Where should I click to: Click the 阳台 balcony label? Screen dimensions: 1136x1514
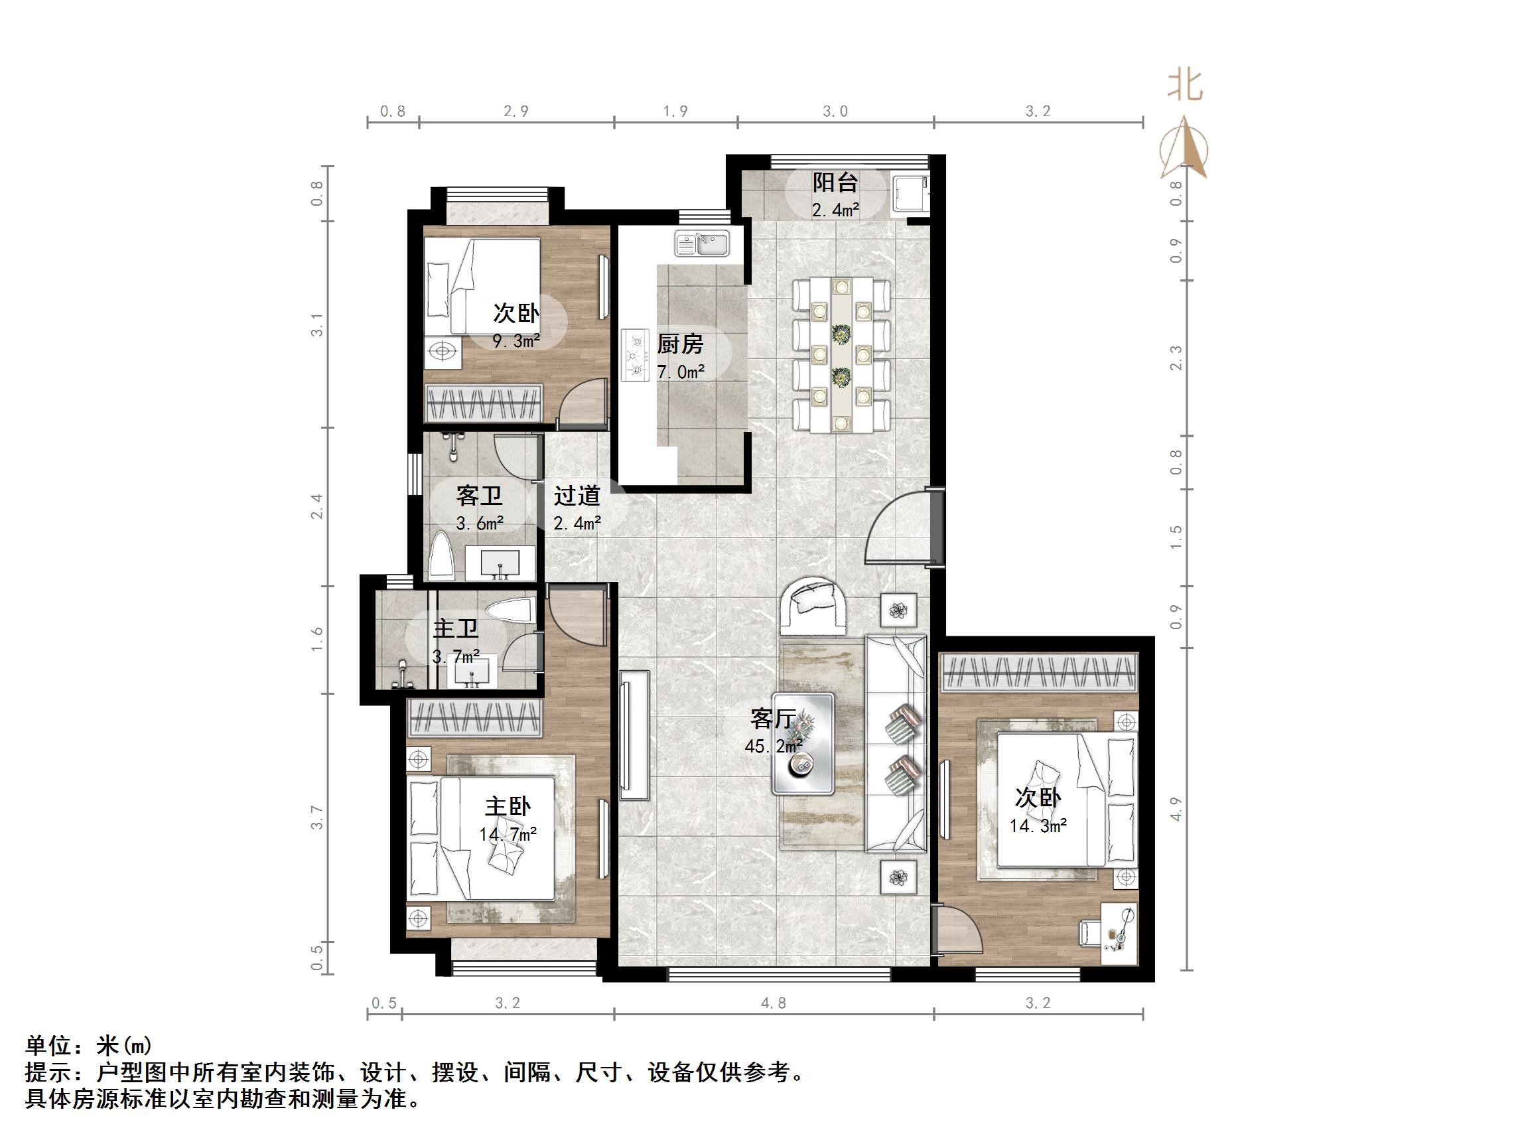click(x=835, y=183)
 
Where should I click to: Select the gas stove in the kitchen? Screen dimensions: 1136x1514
click(x=636, y=355)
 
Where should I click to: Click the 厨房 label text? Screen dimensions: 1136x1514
click(x=680, y=344)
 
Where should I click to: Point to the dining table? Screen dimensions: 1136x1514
click(x=841, y=355)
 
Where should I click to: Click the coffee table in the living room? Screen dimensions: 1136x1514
click(x=803, y=744)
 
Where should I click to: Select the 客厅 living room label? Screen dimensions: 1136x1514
click(x=773, y=719)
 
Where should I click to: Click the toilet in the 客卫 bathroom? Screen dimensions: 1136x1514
click(x=443, y=557)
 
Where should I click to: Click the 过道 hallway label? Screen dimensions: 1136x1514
click(x=577, y=495)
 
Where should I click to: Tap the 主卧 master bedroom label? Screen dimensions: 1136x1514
click(x=508, y=806)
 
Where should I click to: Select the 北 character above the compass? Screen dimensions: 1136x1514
click(x=1185, y=87)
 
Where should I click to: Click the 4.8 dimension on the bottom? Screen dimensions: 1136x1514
click(x=774, y=1003)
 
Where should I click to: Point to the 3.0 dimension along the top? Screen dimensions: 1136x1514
click(x=835, y=111)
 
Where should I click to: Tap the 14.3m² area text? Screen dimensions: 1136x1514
click(x=1038, y=826)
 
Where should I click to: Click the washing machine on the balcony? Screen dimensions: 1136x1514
click(x=910, y=194)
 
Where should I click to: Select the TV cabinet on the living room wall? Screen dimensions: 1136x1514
click(x=634, y=735)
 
